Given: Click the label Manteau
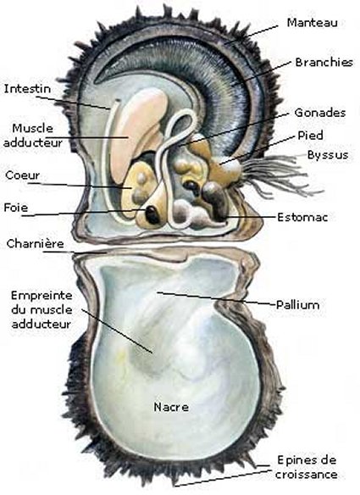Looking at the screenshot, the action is point(312,23).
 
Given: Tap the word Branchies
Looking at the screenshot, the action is point(324,62).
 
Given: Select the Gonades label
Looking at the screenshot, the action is point(320,113).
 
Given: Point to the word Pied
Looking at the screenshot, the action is point(311,136).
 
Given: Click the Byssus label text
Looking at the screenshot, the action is point(328,155).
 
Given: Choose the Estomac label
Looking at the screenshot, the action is point(302,217).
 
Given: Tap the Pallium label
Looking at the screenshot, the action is point(298,304).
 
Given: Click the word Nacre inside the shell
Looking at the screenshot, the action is point(171,407).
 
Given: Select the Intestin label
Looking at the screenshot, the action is point(27,89).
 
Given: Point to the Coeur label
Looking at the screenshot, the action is point(22,175).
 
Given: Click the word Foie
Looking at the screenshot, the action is point(16,208).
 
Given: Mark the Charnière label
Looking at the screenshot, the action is point(35,244).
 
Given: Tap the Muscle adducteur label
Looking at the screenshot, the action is point(33,136).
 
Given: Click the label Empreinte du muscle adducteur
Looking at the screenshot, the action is point(42,309).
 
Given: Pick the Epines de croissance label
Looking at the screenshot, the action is point(307,467).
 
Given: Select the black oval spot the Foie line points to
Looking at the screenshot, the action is point(152,214).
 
